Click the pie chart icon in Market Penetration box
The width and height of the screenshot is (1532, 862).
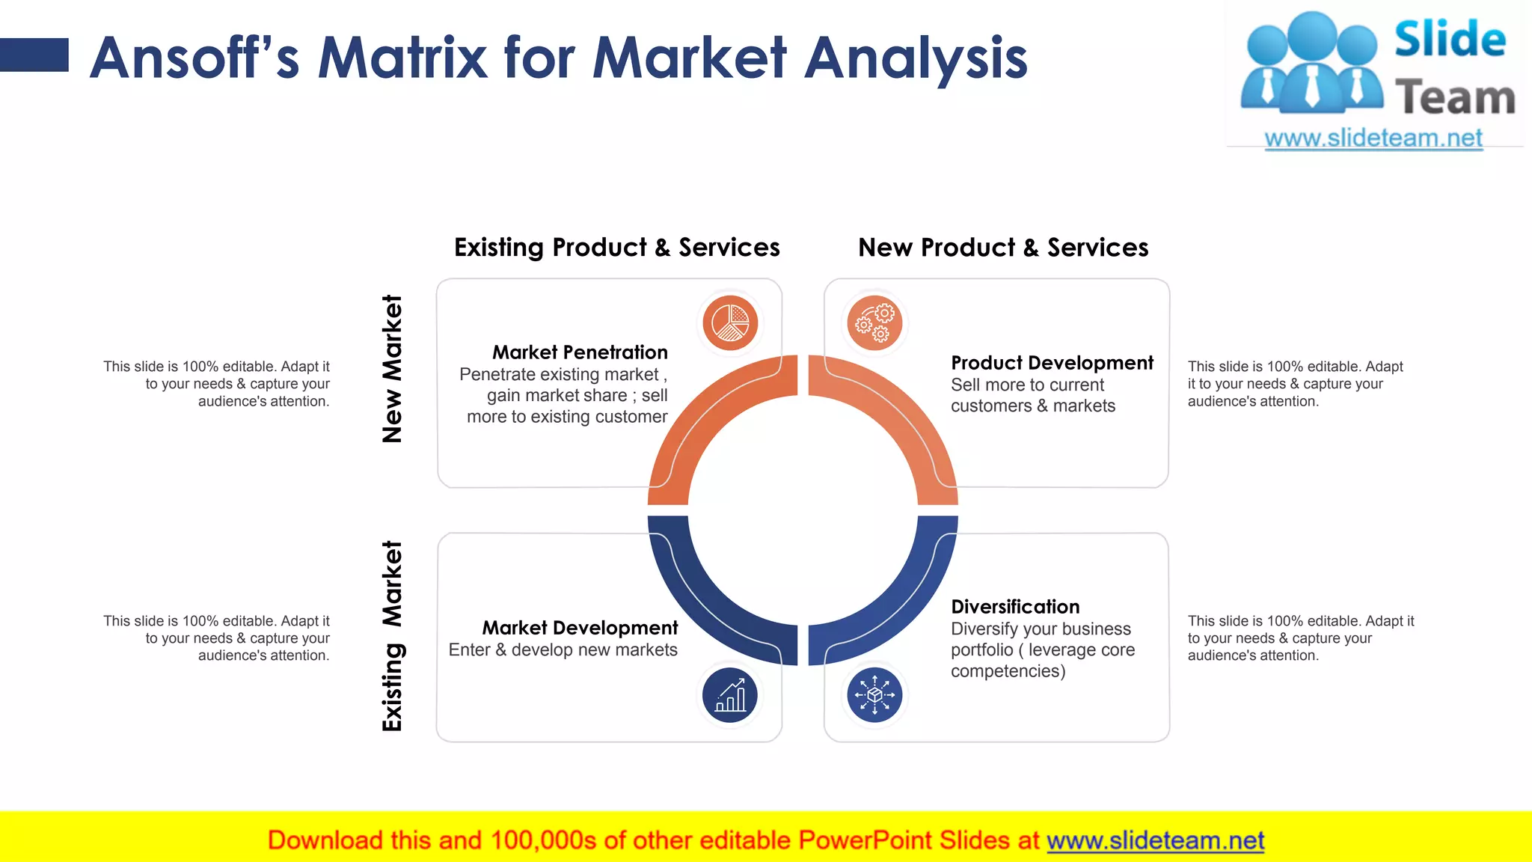[730, 323]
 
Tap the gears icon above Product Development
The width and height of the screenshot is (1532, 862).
[874, 323]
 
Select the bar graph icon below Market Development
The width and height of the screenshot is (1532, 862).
[730, 695]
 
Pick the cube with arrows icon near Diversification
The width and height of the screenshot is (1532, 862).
[874, 695]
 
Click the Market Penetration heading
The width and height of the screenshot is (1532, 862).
[580, 352]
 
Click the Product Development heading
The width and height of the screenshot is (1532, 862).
[1052, 363]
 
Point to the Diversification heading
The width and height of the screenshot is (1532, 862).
[1015, 607]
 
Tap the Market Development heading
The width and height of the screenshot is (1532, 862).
[580, 628]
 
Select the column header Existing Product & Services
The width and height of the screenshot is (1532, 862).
[616, 248]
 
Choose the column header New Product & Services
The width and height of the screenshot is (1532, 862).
[1003, 248]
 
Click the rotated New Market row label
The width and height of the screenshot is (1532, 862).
[392, 369]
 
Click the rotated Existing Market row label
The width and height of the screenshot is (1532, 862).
[392, 636]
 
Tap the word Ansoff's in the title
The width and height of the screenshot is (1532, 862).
[194, 58]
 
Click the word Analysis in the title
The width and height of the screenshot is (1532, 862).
[916, 58]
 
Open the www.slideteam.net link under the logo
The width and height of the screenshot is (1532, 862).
[1373, 138]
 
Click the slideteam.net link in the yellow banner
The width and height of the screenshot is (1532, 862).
[1155, 840]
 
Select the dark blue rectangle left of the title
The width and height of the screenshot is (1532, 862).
[34, 55]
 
